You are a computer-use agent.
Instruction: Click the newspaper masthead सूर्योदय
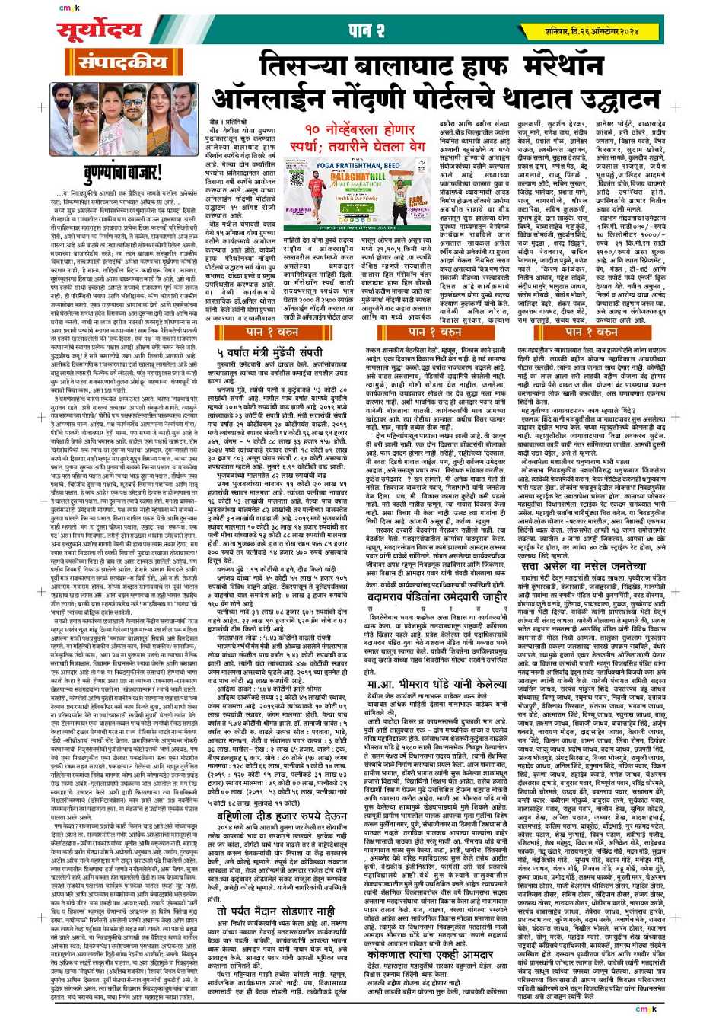point(100,31)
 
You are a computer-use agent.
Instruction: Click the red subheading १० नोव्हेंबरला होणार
point(352,130)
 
